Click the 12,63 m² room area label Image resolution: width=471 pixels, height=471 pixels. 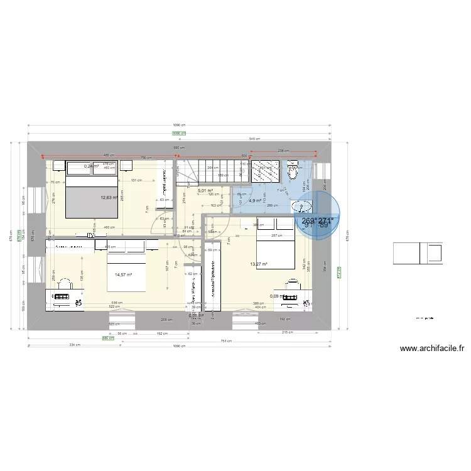click(109, 197)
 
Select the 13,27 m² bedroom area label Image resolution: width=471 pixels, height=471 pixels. click(259, 264)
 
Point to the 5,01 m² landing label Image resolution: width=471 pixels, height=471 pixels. click(205, 190)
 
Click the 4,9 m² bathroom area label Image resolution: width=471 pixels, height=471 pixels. click(254, 201)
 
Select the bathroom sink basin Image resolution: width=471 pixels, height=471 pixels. click(302, 206)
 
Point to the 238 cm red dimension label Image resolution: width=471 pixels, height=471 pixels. click(283, 151)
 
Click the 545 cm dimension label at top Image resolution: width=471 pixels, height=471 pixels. click(254, 138)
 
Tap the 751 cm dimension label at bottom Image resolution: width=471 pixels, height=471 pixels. click(235, 341)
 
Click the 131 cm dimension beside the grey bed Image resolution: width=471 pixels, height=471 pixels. click(135, 181)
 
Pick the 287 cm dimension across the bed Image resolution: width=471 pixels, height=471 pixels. click(276, 235)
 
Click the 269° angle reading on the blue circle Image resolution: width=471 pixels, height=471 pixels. click(308, 221)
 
